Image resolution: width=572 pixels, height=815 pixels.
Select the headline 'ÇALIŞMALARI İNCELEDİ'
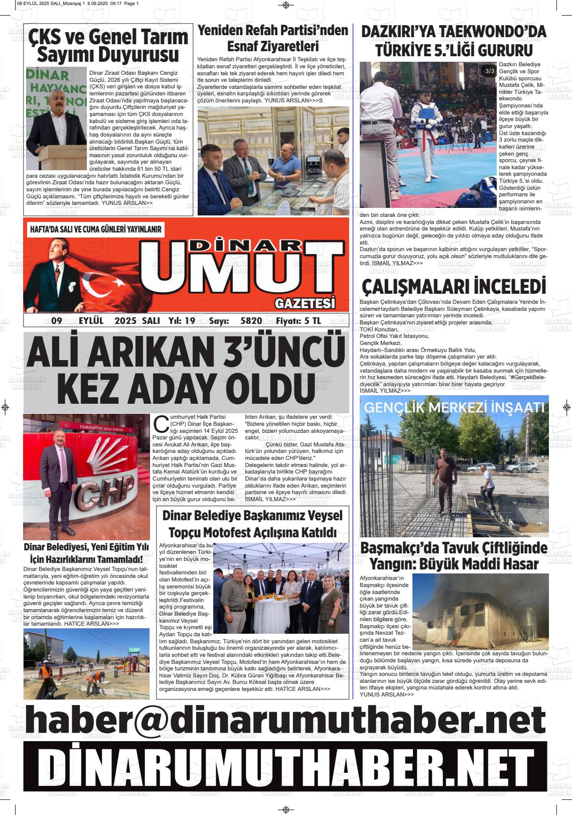(x=454, y=287)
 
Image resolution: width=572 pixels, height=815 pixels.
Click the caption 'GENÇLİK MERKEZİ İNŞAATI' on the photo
(x=454, y=407)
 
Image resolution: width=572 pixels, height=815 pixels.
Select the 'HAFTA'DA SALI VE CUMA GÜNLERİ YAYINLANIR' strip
(x=96, y=229)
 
